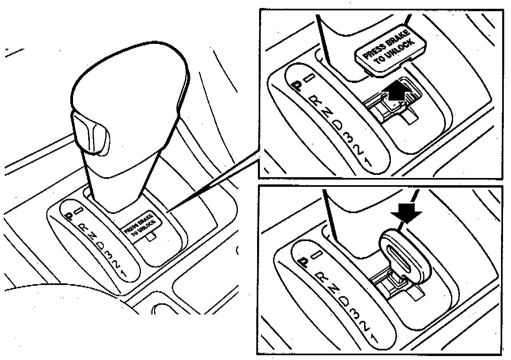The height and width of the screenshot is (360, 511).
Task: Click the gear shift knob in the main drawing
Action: tap(128, 92)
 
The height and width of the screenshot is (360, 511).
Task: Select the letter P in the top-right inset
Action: tap(297, 85)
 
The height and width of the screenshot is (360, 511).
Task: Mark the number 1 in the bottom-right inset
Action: tap(374, 337)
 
